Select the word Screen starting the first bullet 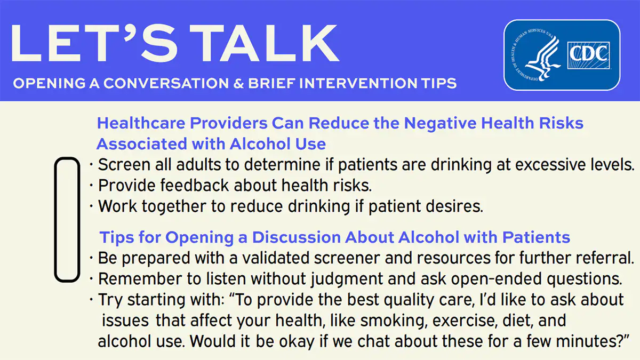123,165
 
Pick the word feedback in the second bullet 188,186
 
